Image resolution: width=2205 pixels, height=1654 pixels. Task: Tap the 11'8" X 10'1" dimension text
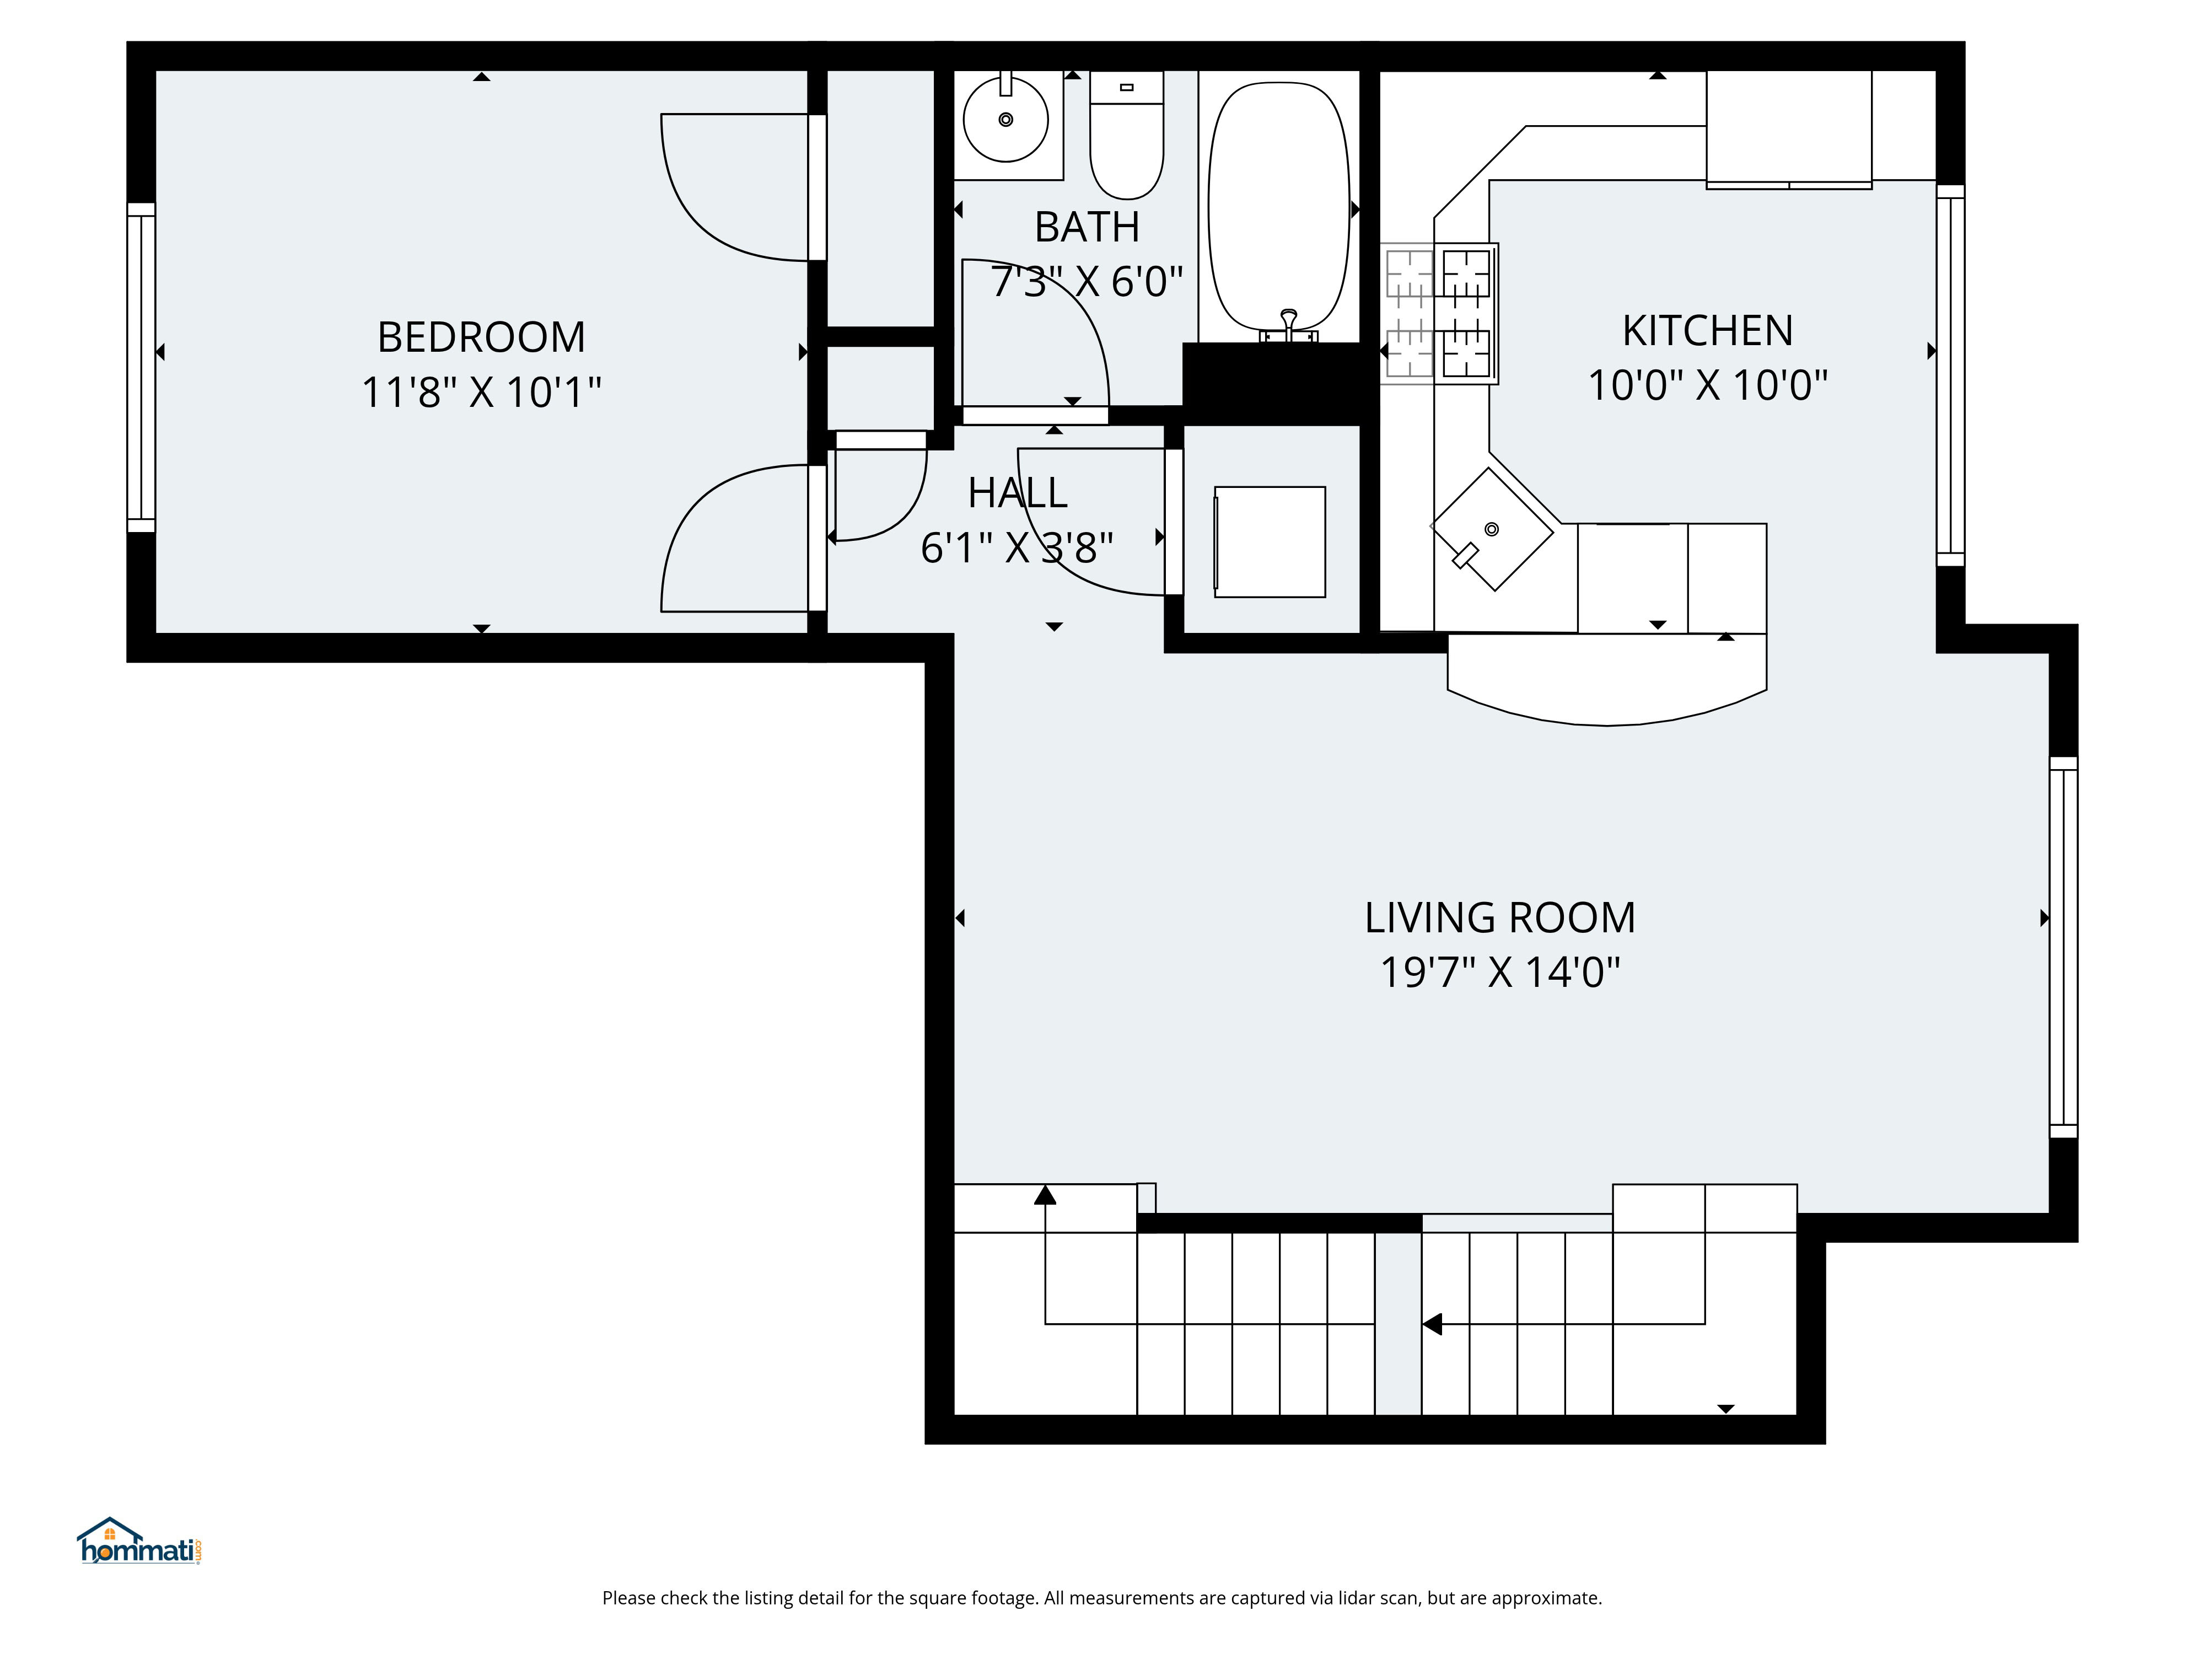coord(481,392)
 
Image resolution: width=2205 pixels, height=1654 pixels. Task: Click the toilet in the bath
coord(1126,139)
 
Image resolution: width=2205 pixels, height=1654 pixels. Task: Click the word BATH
coord(1087,227)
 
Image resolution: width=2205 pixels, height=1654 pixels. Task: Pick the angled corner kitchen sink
coord(1491,529)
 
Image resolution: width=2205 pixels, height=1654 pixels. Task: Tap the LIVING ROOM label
coord(1499,918)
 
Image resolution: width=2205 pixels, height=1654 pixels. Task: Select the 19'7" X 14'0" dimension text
coord(1499,972)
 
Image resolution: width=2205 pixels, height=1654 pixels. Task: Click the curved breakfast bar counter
coord(1607,688)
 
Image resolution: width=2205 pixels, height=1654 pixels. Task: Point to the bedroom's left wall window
coord(142,367)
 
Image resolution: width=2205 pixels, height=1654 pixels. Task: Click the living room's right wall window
coord(2062,947)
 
